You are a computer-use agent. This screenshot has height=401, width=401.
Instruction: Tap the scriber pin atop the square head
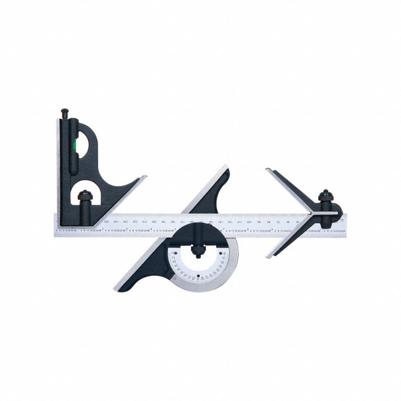(x=65, y=113)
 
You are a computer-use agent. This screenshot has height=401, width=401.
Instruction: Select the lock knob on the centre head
(x=326, y=197)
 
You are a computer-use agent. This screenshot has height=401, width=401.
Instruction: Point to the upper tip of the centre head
(x=267, y=170)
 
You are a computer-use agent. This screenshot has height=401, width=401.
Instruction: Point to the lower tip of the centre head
(x=268, y=256)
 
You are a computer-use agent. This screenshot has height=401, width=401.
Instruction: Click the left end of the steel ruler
(x=55, y=225)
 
